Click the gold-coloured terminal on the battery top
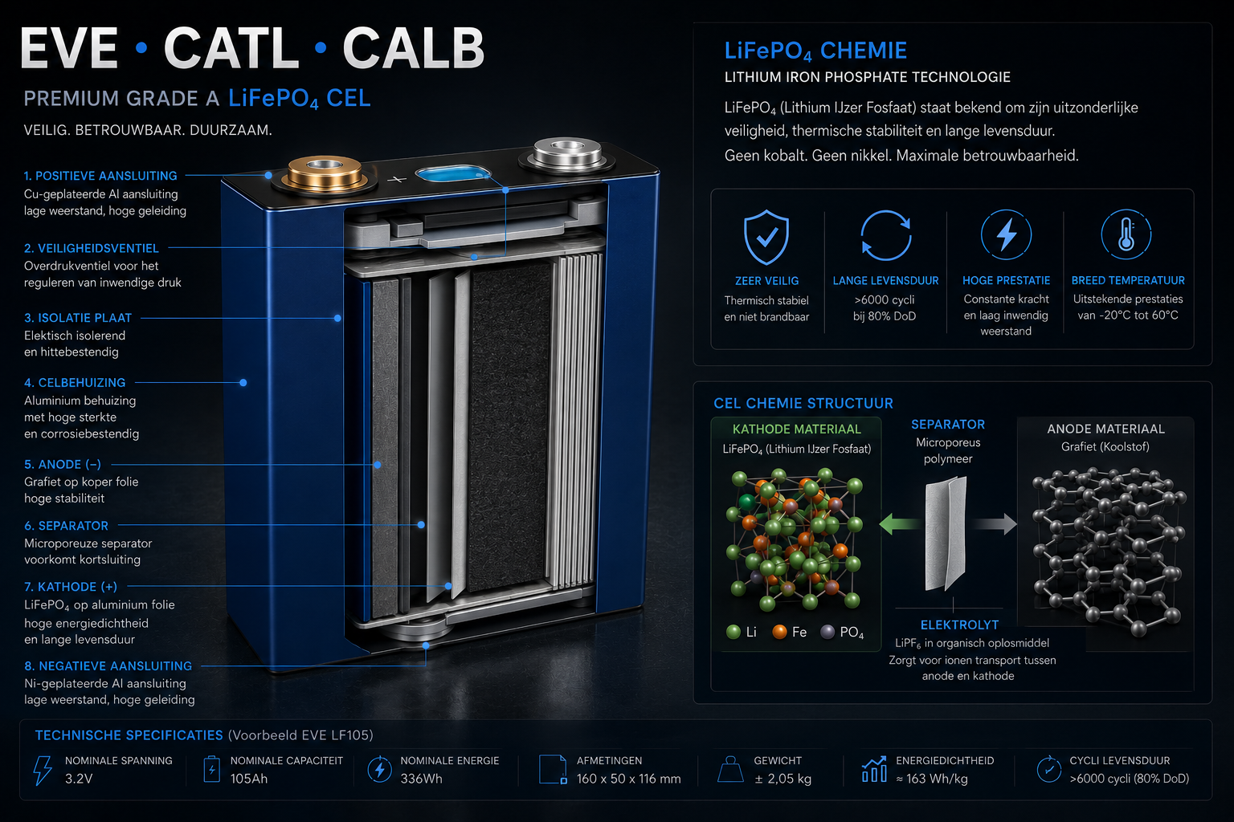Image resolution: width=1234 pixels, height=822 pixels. pyautogui.click(x=325, y=173)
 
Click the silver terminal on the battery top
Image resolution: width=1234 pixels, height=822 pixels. pyautogui.click(x=567, y=153)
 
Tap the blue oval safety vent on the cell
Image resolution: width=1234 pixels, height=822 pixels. pyautogui.click(x=452, y=174)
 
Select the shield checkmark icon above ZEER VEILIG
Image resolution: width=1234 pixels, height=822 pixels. pyautogui.click(x=766, y=238)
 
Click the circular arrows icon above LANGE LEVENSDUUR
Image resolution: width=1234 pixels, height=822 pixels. pyautogui.click(x=886, y=236)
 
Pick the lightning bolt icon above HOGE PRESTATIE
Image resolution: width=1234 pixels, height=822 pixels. pyautogui.click(x=1006, y=234)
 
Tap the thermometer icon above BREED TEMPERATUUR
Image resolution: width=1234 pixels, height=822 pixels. pyautogui.click(x=1126, y=234)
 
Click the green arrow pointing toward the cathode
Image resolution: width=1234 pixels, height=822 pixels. pyautogui.click(x=900, y=523)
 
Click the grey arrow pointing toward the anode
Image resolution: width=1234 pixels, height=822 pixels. pyautogui.click(x=995, y=523)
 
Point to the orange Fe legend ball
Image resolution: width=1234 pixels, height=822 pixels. pyautogui.click(x=779, y=632)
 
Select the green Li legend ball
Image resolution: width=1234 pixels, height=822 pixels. pyautogui.click(x=733, y=632)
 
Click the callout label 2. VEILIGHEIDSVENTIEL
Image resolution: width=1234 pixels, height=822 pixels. pyautogui.click(x=92, y=248)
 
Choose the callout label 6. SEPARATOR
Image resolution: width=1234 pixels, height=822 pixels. pyautogui.click(x=66, y=526)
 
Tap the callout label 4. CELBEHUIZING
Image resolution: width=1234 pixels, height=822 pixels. pyautogui.click(x=75, y=383)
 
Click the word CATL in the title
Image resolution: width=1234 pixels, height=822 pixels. pyautogui.click(x=231, y=48)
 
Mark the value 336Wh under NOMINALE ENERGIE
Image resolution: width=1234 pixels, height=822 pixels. pyautogui.click(x=422, y=779)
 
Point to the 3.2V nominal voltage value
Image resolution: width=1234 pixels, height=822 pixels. pyautogui.click(x=79, y=779)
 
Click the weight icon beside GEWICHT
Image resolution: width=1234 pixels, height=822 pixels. pyautogui.click(x=731, y=769)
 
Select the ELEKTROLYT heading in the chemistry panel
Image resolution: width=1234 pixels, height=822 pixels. pyautogui.click(x=960, y=625)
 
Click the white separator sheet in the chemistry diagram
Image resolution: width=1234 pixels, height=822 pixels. pyautogui.click(x=946, y=534)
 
